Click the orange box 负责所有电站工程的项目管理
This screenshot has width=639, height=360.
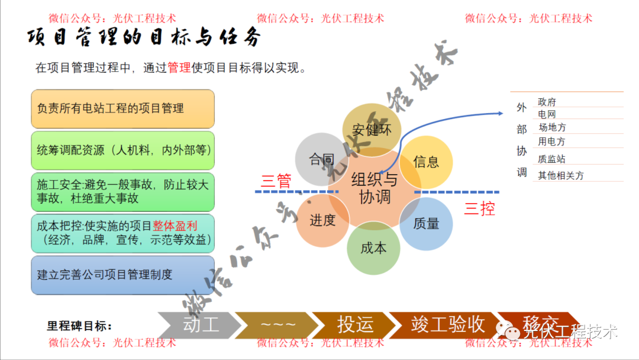[122, 109]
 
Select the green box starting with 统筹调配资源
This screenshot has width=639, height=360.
[122, 150]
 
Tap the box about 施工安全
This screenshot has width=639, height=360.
[122, 192]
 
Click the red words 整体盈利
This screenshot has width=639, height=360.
[175, 226]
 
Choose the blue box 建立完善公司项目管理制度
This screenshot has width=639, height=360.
[122, 275]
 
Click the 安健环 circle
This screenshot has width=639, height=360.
[372, 130]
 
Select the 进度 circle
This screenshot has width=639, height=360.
[322, 221]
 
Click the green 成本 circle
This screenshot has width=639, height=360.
[373, 248]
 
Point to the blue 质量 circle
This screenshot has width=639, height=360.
[427, 224]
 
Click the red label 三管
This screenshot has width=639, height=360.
[276, 181]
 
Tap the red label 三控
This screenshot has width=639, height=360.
[479, 208]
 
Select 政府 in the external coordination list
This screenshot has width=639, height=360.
[547, 102]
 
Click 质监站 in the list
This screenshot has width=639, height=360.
[551, 159]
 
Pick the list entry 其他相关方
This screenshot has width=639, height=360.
[560, 175]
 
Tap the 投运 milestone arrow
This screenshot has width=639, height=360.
[355, 324]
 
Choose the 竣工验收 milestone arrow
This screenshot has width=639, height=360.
[448, 324]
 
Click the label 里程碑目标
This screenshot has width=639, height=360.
[80, 326]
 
